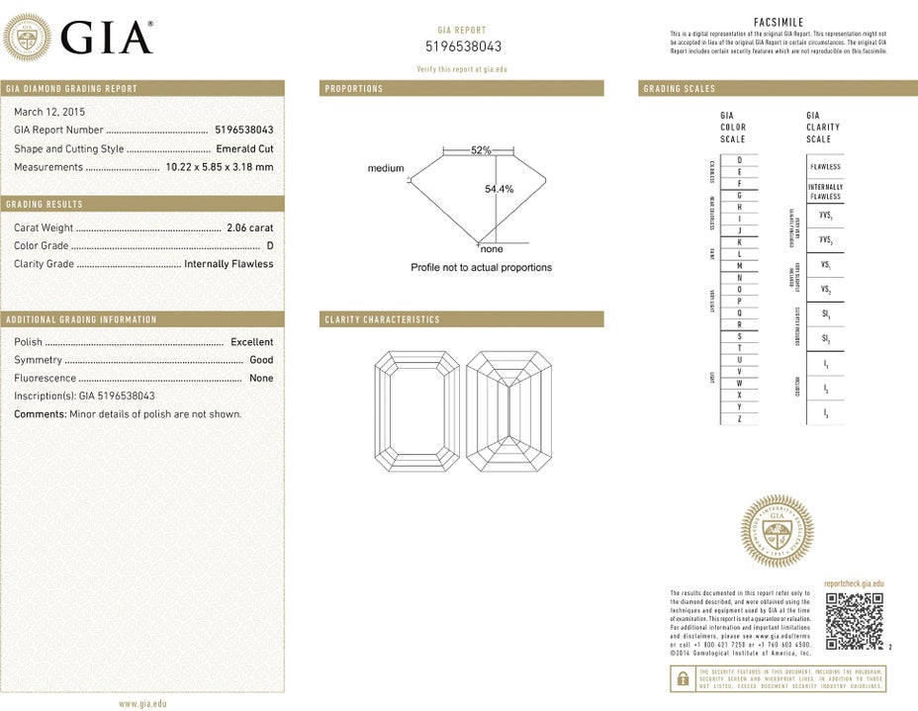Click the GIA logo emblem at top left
click(29, 38)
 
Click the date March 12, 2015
click(49, 112)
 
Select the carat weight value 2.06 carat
click(249, 227)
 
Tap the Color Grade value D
click(269, 245)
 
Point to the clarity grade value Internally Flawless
click(229, 264)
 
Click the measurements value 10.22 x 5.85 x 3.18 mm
click(220, 167)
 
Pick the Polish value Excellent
click(251, 342)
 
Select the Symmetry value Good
click(261, 360)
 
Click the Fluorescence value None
click(261, 378)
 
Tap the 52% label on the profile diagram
click(481, 150)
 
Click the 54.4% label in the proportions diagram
click(499, 189)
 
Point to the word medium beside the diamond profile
click(386, 168)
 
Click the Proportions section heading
click(353, 89)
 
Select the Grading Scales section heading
click(679, 89)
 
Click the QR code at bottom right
click(854, 621)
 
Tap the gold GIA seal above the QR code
click(777, 531)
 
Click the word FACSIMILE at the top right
click(778, 23)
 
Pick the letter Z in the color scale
click(739, 419)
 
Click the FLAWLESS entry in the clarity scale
click(825, 167)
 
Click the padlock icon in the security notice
click(682, 678)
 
